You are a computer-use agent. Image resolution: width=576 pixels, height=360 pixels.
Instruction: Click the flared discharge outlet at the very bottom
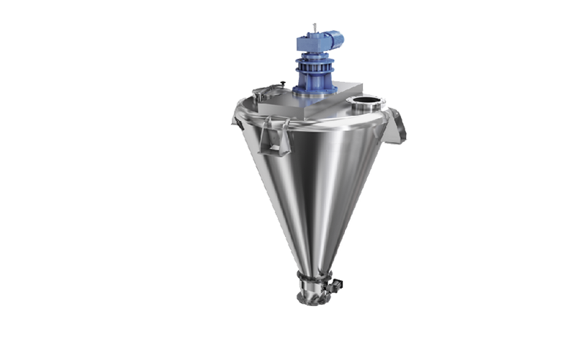pyautogui.click(x=315, y=297)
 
